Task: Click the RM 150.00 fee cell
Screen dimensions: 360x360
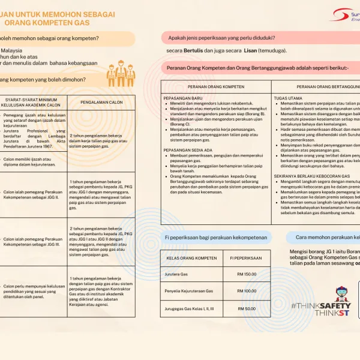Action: click(246, 274)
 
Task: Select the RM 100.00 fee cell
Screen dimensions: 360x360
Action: click(246, 291)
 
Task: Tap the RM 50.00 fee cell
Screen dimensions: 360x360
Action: click(246, 308)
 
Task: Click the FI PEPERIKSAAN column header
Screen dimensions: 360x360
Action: click(246, 258)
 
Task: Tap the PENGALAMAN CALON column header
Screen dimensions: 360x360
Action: click(101, 102)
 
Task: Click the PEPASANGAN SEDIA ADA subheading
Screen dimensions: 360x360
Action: click(187, 150)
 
